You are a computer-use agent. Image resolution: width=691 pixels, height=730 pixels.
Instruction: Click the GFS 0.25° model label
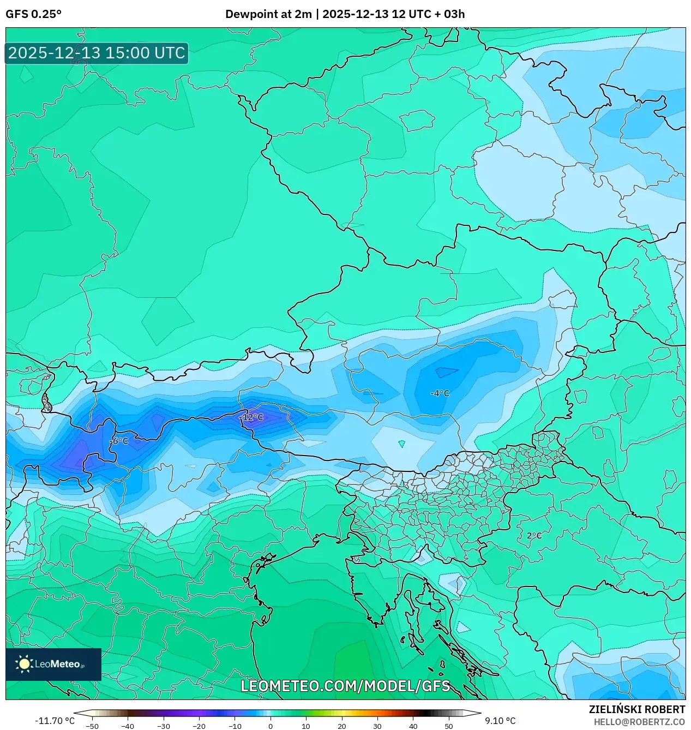[33, 14]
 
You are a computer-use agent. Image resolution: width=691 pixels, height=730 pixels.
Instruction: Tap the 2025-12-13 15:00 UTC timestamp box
[97, 53]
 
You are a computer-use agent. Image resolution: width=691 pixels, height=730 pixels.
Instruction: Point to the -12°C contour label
[251, 417]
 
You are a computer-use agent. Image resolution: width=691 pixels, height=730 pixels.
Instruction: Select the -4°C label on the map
[440, 393]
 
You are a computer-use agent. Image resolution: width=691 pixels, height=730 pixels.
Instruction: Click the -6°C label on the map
[119, 441]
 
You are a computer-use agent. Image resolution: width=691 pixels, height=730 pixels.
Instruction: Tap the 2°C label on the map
[534, 536]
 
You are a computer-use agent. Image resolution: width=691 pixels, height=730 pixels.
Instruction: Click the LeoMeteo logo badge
[53, 664]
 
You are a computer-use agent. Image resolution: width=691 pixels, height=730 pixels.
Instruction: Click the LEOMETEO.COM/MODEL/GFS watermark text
[345, 686]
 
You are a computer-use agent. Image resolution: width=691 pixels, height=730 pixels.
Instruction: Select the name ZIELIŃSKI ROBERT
[636, 709]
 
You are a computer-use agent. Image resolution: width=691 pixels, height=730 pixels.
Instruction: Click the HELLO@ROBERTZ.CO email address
[639, 722]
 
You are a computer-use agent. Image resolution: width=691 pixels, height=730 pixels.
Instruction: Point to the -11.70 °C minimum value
[55, 721]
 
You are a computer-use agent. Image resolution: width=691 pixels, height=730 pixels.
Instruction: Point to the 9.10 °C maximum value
[500, 721]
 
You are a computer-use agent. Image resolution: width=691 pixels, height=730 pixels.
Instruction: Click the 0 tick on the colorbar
[271, 726]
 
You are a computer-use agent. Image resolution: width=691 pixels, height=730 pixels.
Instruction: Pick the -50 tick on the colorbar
[92, 726]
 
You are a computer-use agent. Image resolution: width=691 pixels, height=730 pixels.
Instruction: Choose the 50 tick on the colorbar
[448, 726]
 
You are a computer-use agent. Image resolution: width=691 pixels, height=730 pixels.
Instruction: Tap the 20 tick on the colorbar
[341, 726]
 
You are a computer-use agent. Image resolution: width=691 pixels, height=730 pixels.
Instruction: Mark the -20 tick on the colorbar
[199, 726]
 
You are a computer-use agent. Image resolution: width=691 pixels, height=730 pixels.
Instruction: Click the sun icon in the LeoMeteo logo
[24, 664]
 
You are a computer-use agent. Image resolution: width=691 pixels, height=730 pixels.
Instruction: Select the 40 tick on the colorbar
[413, 726]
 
